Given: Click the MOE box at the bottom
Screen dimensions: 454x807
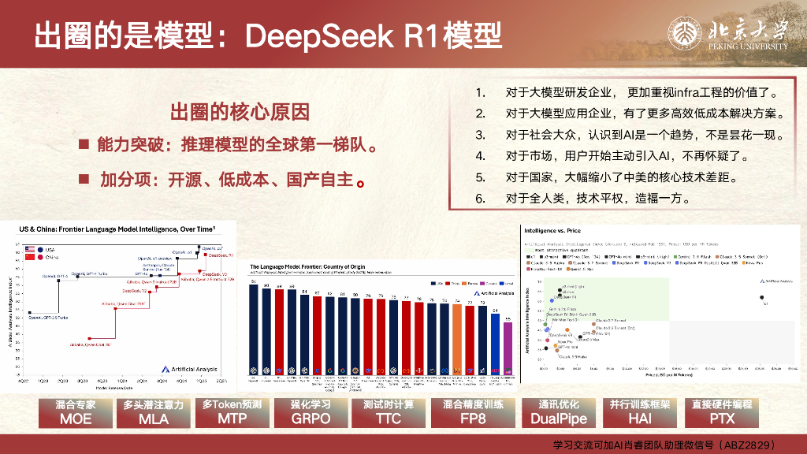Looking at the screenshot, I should coord(76,412).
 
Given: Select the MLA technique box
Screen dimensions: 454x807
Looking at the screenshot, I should coord(154,412).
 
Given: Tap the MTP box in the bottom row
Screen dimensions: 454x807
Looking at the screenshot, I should coord(232,412).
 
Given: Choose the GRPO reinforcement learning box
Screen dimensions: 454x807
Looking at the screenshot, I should coord(311,412).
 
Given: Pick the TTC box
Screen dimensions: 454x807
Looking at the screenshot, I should coord(389,412).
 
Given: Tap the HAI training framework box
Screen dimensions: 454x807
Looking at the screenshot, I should coord(639,412).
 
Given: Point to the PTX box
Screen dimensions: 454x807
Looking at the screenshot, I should coord(721,412).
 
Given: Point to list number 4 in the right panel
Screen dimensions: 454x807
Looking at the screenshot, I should coord(479,156).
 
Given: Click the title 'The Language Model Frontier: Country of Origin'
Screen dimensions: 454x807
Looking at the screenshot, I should coord(317,267).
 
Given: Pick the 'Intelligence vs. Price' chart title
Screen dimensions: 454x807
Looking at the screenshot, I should coord(559,230).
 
